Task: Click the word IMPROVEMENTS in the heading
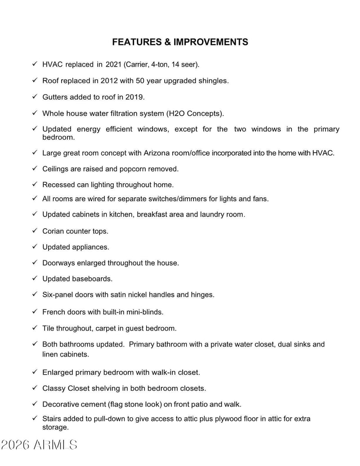[x=211, y=42]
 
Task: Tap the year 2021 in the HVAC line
[x=113, y=65]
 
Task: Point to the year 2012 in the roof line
[x=117, y=81]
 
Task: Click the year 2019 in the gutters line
[x=135, y=97]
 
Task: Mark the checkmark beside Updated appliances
[x=35, y=247]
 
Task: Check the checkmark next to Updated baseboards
[x=35, y=279]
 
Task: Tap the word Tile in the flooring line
[x=49, y=328]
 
